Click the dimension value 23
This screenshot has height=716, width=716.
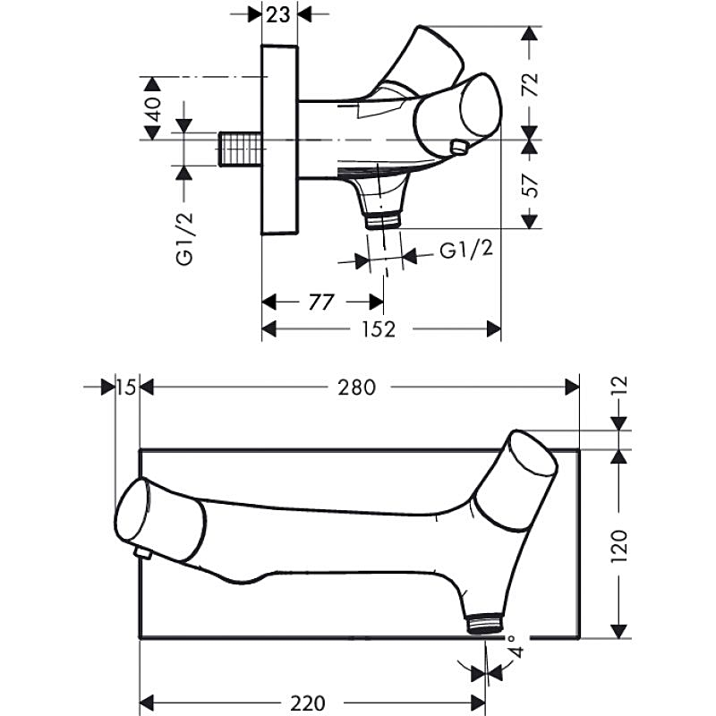(279, 14)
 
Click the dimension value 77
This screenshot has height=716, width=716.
(320, 302)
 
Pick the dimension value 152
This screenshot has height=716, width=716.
(379, 329)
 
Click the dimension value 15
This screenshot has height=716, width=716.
(125, 388)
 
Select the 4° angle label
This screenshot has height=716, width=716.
(512, 645)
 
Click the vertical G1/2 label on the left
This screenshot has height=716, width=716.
(184, 239)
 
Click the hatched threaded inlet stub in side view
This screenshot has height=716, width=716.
(240, 148)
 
